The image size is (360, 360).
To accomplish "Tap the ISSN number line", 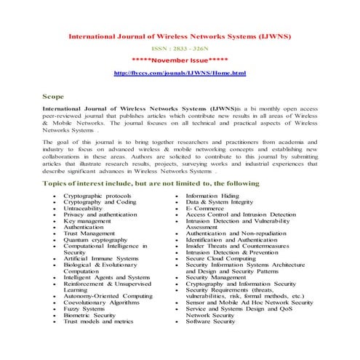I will [180, 47].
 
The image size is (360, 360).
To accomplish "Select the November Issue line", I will [180, 60].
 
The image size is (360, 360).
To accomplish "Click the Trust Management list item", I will [89, 233].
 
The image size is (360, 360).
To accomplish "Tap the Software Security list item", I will [210, 321].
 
